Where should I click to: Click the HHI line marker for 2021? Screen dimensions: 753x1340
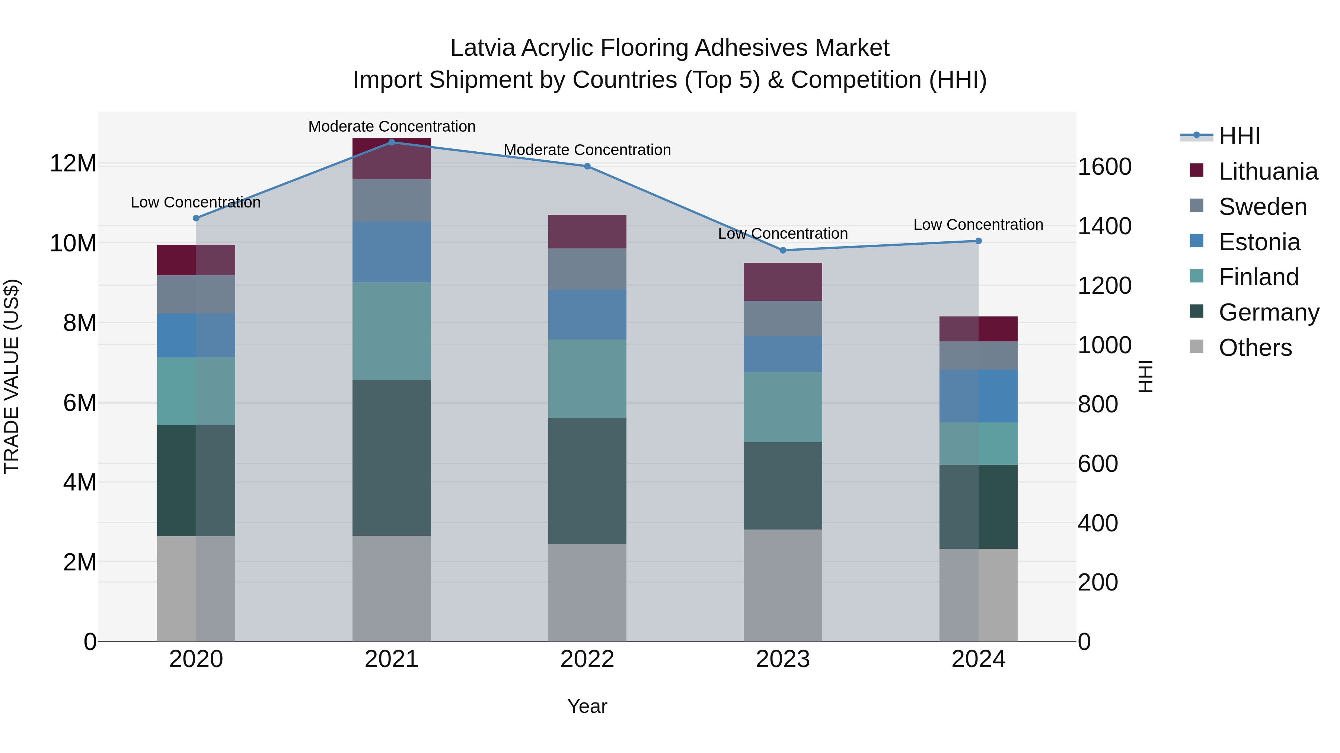pos(392,142)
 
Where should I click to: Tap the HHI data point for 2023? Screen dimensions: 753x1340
pos(783,250)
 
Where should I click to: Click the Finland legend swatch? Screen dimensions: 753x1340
pos(1196,276)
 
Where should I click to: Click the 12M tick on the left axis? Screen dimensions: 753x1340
pos(73,164)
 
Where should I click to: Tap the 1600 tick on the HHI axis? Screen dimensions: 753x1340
pos(1104,167)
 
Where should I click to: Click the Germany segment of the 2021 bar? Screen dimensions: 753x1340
pos(392,457)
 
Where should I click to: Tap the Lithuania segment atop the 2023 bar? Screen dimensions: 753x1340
pos(783,281)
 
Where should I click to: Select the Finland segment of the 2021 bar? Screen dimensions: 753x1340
pos(392,331)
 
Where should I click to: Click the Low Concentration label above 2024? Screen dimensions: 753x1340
pos(978,225)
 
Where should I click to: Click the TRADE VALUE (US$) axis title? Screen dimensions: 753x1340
pos(12,376)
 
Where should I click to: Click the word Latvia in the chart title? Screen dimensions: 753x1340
pos(482,48)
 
